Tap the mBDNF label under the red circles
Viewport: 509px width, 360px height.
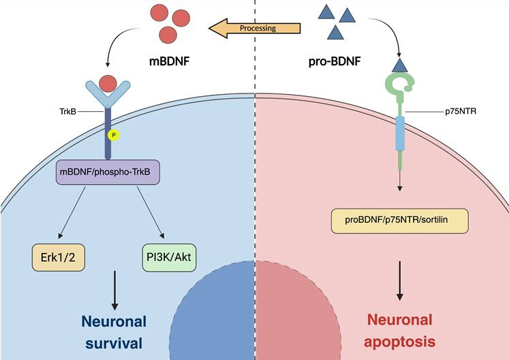click(x=170, y=62)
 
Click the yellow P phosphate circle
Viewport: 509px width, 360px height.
click(x=114, y=135)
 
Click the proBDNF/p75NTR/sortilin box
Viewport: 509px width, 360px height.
click(x=399, y=220)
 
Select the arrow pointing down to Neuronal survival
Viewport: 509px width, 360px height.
click(x=112, y=286)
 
